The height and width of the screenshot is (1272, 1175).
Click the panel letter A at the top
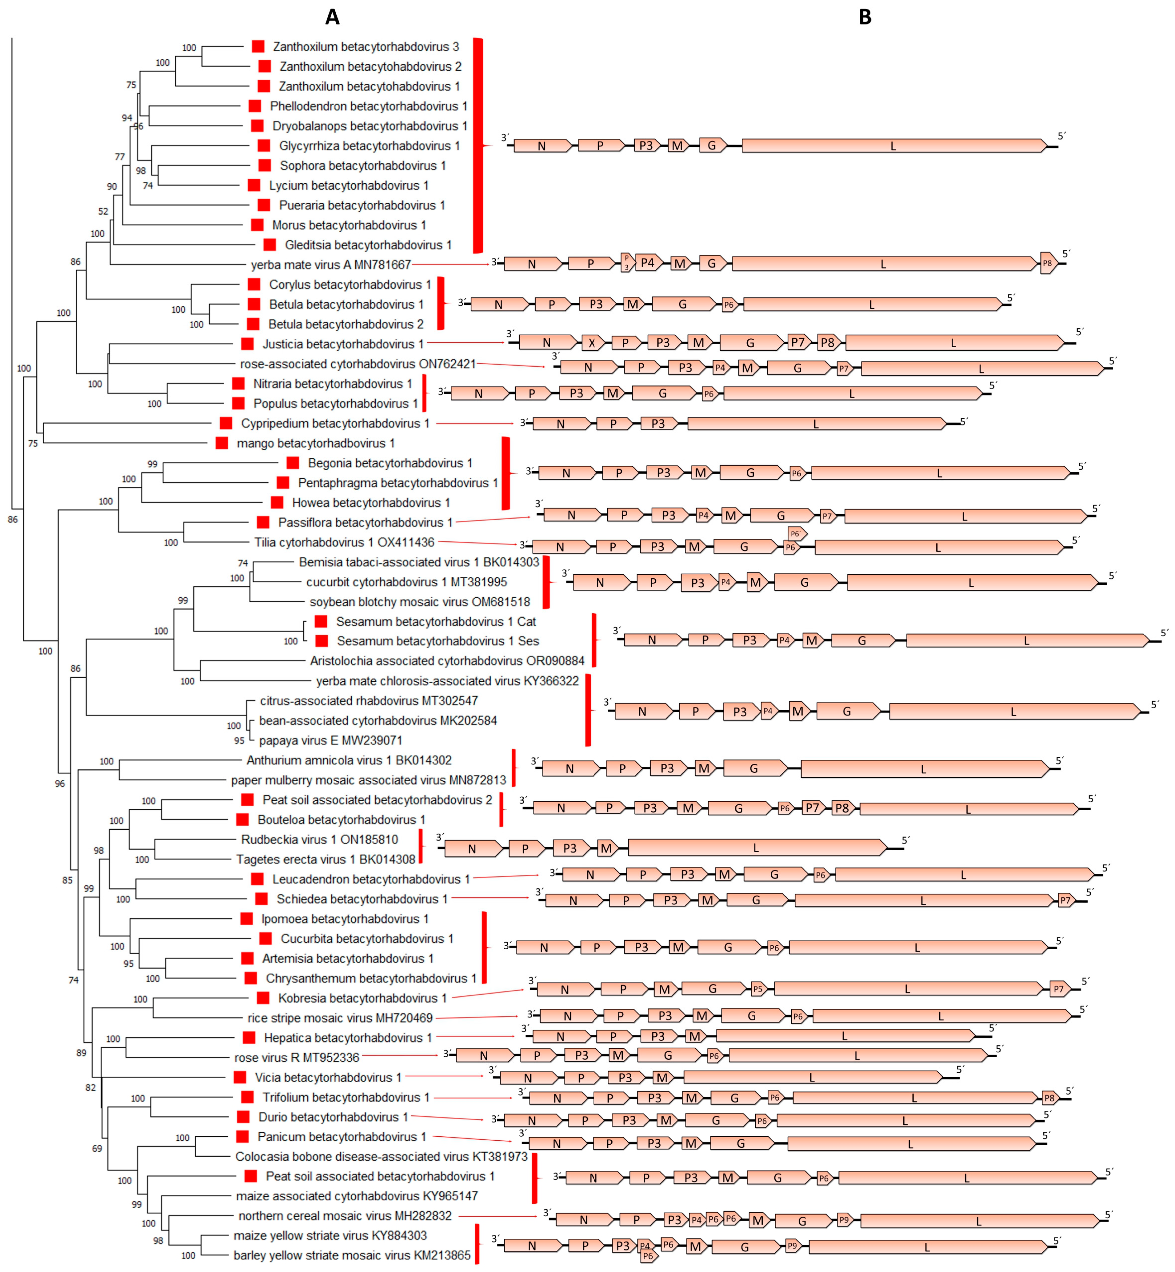click(332, 17)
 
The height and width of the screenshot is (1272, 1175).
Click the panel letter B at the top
click(865, 17)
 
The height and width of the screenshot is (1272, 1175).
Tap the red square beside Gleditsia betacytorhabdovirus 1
click(270, 245)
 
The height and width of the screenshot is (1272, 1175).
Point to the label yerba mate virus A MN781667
click(331, 265)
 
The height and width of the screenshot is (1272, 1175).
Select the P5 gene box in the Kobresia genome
click(757, 988)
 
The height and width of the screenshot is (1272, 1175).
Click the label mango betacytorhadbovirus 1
click(315, 443)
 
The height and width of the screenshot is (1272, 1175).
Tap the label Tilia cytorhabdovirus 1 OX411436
click(344, 542)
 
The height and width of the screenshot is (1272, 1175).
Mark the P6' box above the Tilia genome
click(796, 533)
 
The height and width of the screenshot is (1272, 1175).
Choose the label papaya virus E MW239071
click(330, 740)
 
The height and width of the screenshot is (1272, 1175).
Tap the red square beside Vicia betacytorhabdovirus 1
click(240, 1077)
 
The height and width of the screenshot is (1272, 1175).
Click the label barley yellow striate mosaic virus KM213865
click(352, 1255)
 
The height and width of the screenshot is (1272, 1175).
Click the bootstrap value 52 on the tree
click(103, 211)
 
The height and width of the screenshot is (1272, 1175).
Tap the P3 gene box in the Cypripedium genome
click(658, 423)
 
